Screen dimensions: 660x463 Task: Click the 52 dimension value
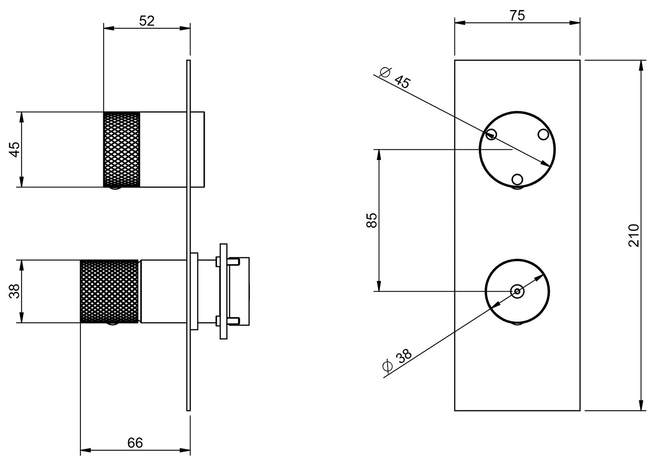coord(147,21)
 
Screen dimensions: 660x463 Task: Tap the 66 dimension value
coord(135,443)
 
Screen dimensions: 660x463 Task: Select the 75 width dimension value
coord(517,16)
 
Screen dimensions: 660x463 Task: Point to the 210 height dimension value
coord(634,235)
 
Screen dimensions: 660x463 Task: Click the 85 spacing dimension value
coord(372,220)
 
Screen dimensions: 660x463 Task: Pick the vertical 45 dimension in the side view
coord(15,149)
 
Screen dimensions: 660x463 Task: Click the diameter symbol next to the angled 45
coord(385,72)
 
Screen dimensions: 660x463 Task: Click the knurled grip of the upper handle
coord(121,149)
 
